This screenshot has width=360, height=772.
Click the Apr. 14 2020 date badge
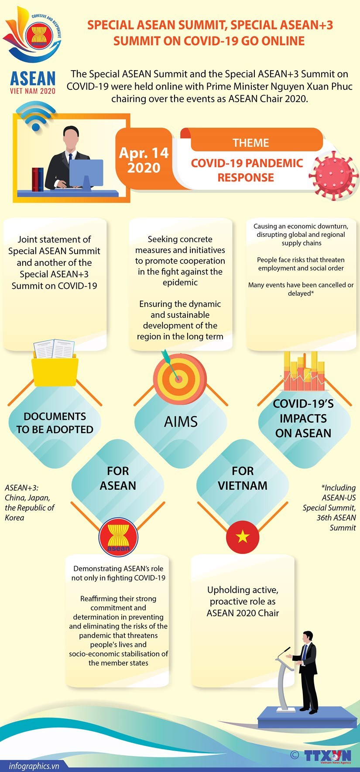pyautogui.click(x=144, y=160)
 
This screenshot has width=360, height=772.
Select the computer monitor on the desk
pyautogui.click(x=86, y=173)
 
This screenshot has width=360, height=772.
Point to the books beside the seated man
pyautogui.click(x=38, y=179)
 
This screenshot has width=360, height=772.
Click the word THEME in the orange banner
pyautogui.click(x=250, y=143)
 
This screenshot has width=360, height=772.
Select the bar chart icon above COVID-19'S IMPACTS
pyautogui.click(x=304, y=372)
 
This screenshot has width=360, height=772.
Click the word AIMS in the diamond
pyautogui.click(x=181, y=422)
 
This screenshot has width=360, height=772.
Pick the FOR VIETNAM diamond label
pyautogui.click(x=243, y=478)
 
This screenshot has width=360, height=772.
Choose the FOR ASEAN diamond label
pyautogui.click(x=118, y=478)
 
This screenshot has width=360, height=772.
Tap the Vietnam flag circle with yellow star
pyautogui.click(x=243, y=537)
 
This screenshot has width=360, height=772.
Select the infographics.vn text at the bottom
pyautogui.click(x=34, y=765)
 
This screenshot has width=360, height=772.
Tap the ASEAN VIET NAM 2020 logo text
pyautogui.click(x=33, y=82)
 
